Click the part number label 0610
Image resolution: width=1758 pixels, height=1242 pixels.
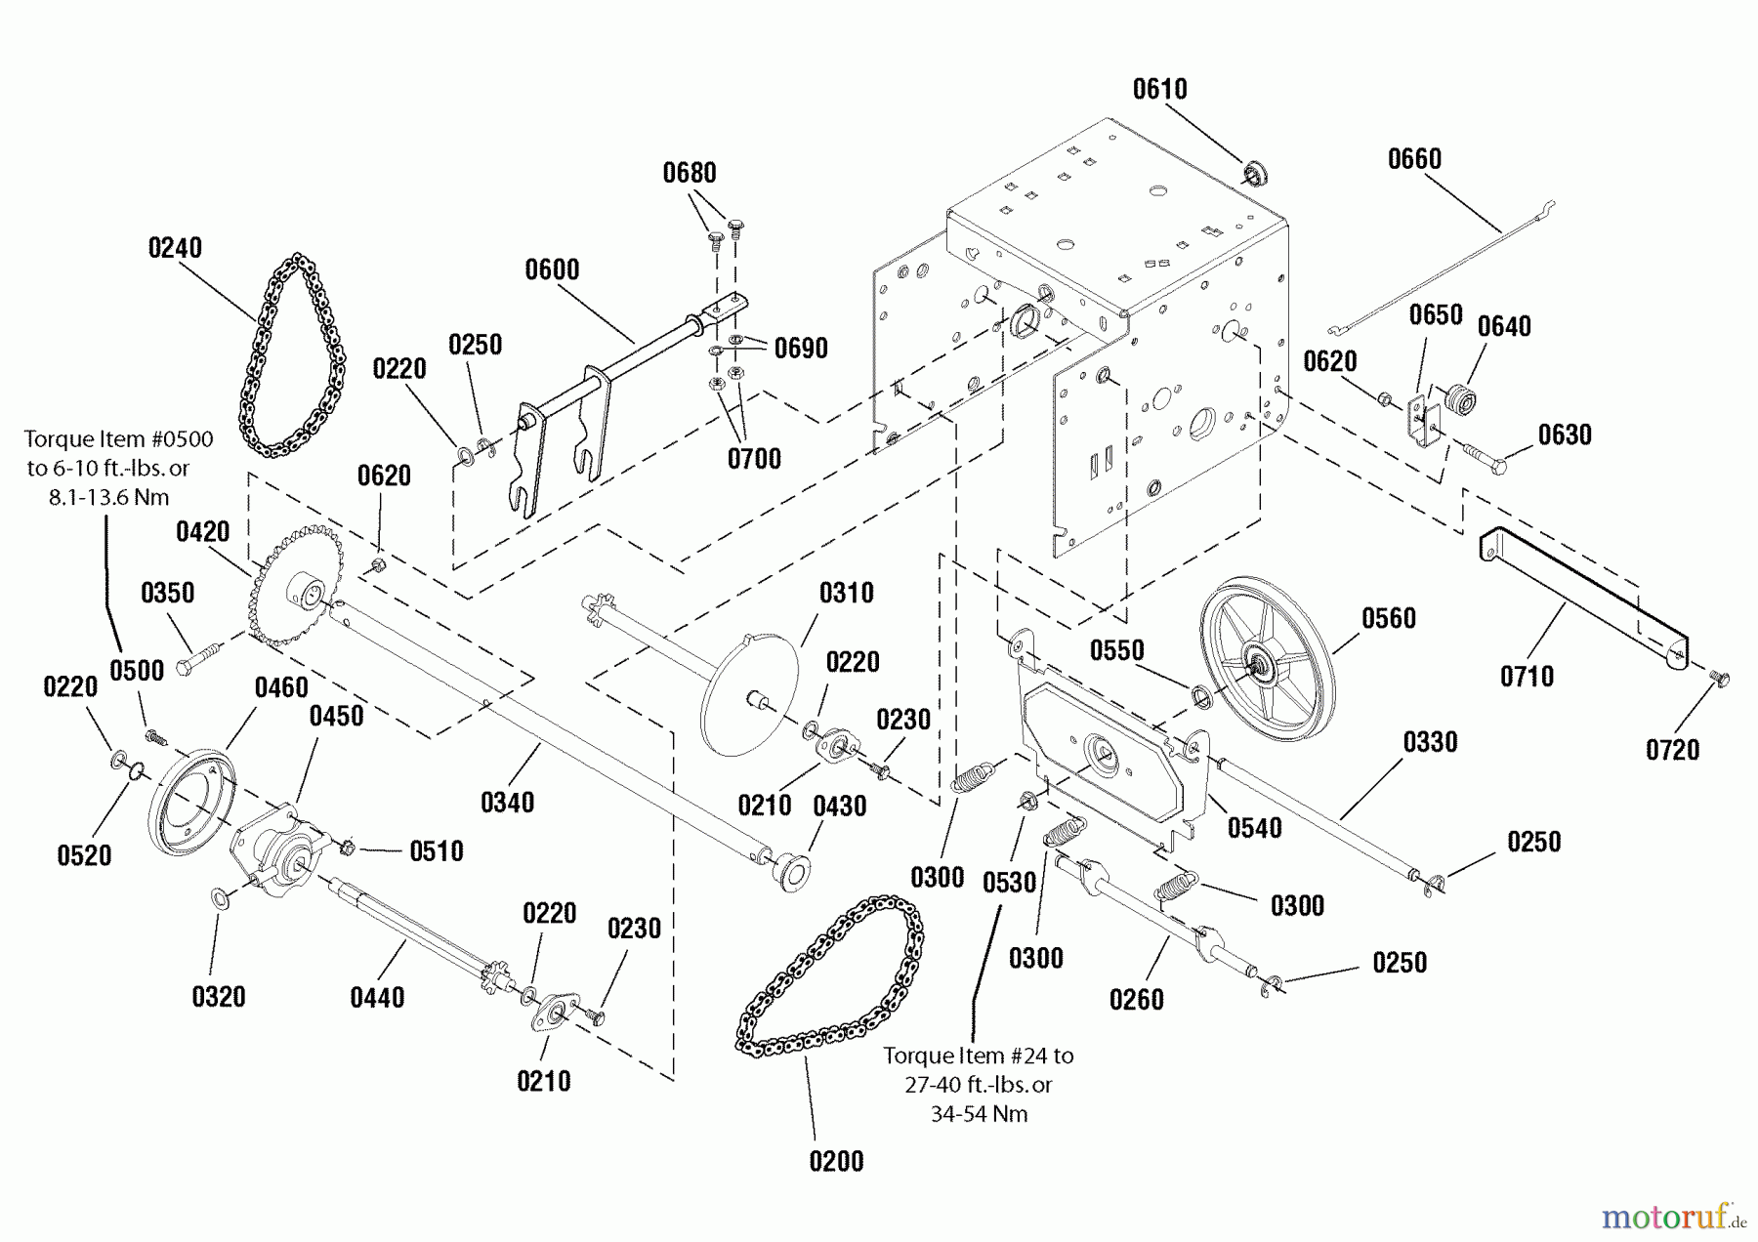click(1159, 90)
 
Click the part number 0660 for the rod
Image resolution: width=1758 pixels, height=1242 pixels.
click(1414, 159)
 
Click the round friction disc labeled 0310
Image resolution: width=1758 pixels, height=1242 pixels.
click(750, 693)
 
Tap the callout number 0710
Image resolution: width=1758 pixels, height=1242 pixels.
click(1527, 677)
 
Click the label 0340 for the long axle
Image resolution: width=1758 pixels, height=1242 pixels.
click(507, 803)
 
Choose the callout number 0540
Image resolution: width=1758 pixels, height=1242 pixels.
click(1254, 829)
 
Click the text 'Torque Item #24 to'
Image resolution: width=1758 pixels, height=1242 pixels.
click(978, 1056)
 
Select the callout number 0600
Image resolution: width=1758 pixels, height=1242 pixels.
click(552, 269)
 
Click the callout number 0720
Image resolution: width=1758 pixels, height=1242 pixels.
click(1672, 750)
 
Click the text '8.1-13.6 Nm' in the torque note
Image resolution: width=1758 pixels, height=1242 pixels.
click(108, 498)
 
